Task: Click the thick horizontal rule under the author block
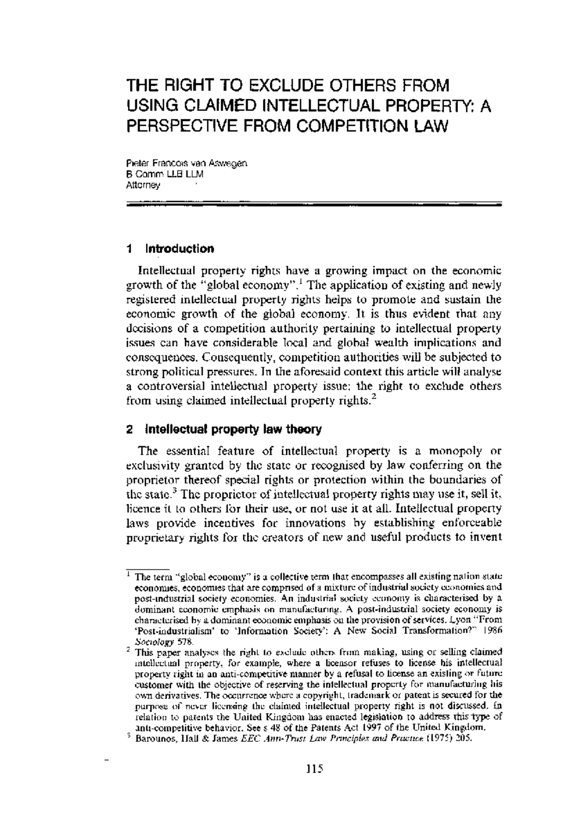[314, 205]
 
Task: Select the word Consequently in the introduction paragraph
[238, 358]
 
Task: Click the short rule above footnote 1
[147, 569]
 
